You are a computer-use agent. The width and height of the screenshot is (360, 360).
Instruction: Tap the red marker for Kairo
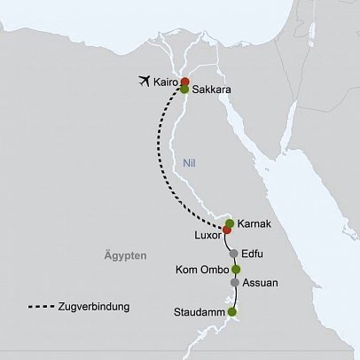coord(184,82)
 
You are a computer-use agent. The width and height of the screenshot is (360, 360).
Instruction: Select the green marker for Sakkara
coord(184,90)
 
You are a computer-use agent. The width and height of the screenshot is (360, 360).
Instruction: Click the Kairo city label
coord(165,82)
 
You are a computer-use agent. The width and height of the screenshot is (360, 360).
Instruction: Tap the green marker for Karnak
coord(230,223)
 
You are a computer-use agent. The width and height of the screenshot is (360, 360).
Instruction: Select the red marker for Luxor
coord(226,231)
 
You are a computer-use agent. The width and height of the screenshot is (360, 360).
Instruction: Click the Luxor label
coord(206,236)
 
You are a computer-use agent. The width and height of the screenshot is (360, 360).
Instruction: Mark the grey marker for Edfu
coord(233,254)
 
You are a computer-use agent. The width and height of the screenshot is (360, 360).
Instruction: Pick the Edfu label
coord(254,254)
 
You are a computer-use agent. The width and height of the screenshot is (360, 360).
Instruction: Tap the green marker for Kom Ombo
coord(236,269)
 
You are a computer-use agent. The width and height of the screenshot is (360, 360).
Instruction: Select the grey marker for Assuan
coord(235,283)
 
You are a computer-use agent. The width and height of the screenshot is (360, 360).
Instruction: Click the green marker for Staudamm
coord(232,312)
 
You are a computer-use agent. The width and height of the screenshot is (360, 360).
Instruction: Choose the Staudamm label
coord(200,312)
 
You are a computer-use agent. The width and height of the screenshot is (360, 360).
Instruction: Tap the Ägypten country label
coord(117,255)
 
